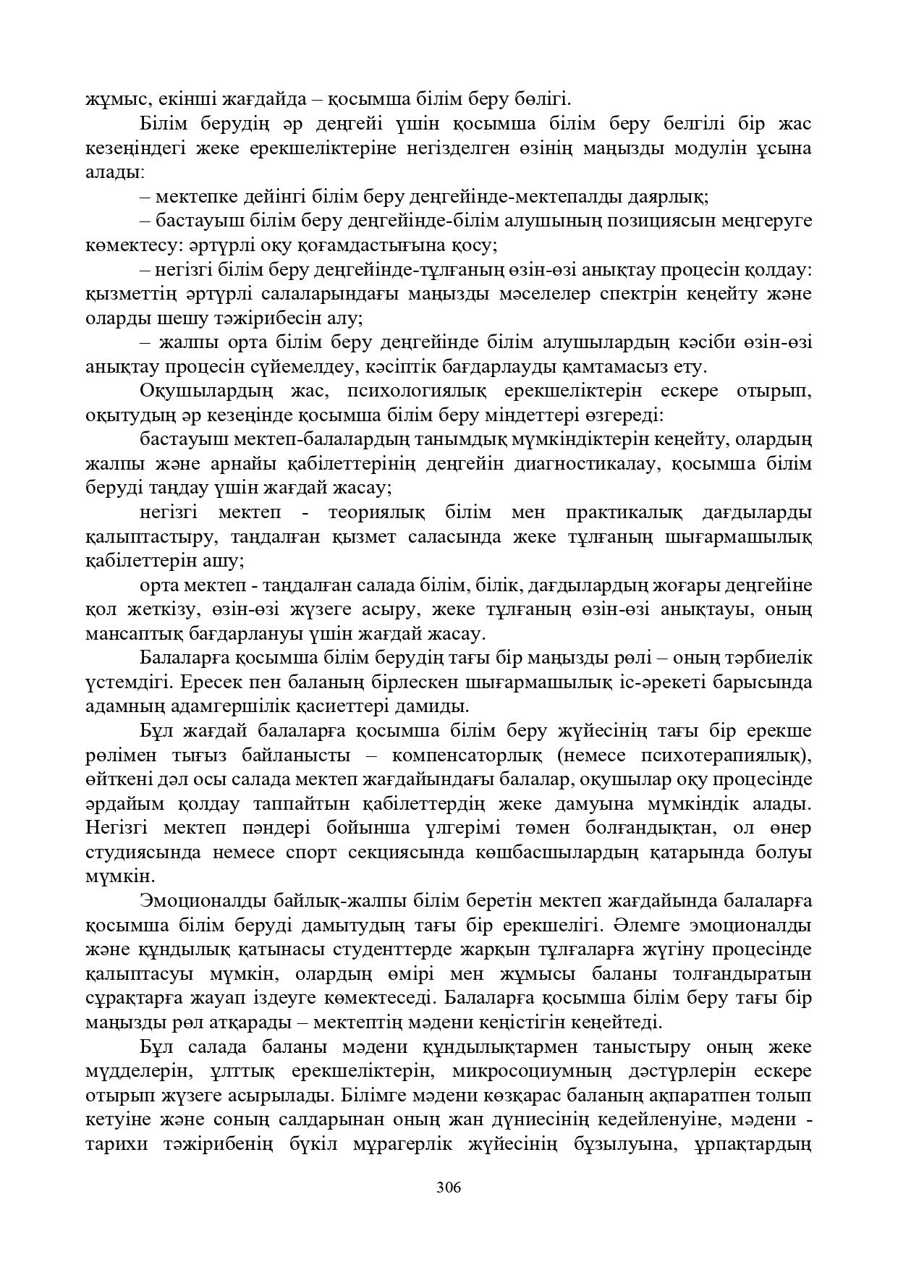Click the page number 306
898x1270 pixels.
point(449,1188)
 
